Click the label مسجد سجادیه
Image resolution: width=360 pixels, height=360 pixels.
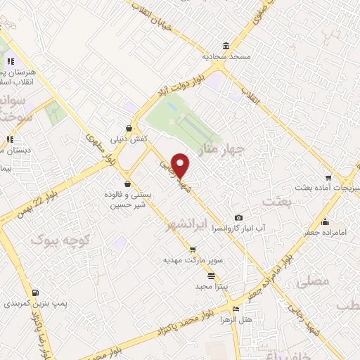(x=222, y=55)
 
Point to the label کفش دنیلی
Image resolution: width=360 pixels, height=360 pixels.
(x=129, y=140)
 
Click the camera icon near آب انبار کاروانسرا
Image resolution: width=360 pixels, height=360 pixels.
(x=239, y=218)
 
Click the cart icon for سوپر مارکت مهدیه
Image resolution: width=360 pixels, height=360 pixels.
(x=192, y=250)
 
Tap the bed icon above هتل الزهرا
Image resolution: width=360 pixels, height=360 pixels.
(x=236, y=308)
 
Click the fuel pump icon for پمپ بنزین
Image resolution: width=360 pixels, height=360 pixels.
(x=35, y=292)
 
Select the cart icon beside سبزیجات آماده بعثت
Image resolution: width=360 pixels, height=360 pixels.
(x=328, y=177)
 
